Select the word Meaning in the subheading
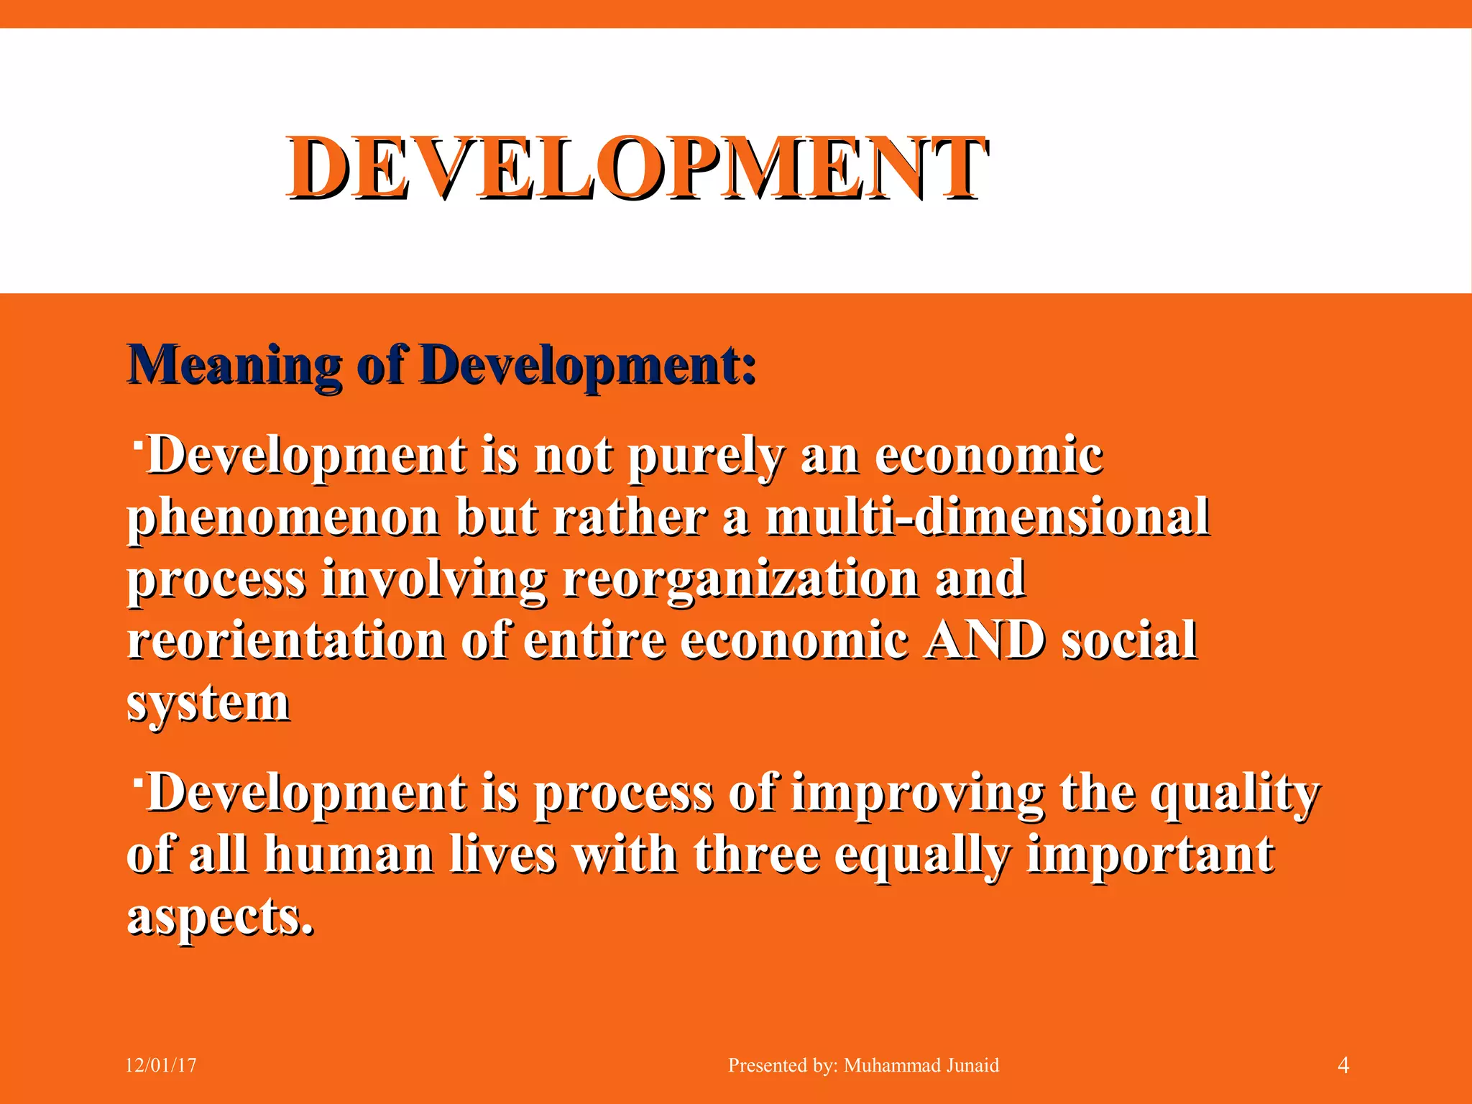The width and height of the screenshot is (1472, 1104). [234, 365]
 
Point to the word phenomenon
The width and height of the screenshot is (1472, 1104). [284, 517]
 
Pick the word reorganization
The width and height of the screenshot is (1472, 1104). [740, 579]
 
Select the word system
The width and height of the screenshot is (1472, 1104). [208, 703]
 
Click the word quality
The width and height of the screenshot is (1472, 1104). [1235, 793]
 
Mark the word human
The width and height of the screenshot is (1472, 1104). [349, 855]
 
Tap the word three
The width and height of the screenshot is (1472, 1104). [756, 855]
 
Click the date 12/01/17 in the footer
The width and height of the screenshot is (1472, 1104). [161, 1065]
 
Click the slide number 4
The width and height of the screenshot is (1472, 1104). [1343, 1065]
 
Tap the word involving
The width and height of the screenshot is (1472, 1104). [433, 579]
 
